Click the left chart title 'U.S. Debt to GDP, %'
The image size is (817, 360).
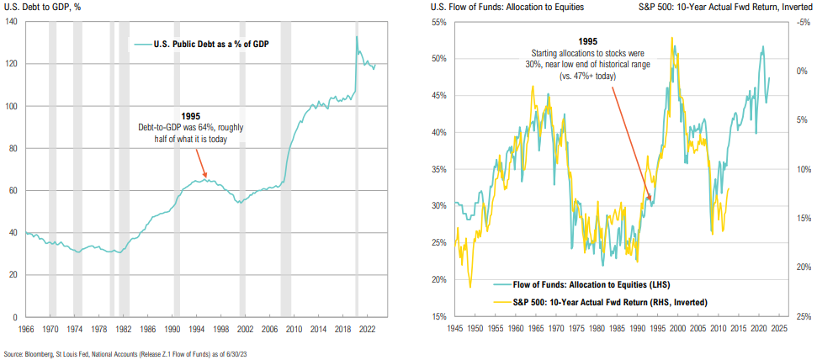[x=43, y=7]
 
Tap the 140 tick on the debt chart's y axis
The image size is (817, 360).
[x=14, y=21]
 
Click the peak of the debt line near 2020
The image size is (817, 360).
[x=356, y=36]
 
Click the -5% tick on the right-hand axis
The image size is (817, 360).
[x=799, y=21]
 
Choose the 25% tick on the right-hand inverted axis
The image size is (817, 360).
[x=800, y=316]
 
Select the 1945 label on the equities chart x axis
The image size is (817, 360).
[x=454, y=328]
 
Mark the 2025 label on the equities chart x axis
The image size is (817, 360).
[x=777, y=328]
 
